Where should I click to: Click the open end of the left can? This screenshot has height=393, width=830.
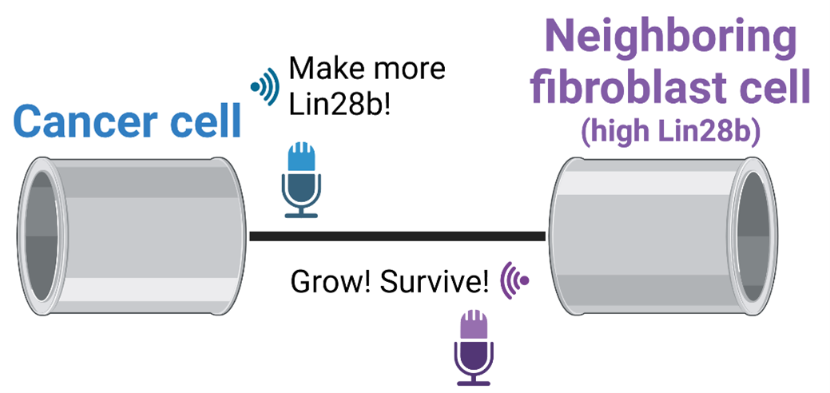click(x=38, y=236)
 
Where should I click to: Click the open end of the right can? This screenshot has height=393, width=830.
click(x=756, y=236)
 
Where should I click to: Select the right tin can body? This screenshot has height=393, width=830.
click(x=639, y=236)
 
